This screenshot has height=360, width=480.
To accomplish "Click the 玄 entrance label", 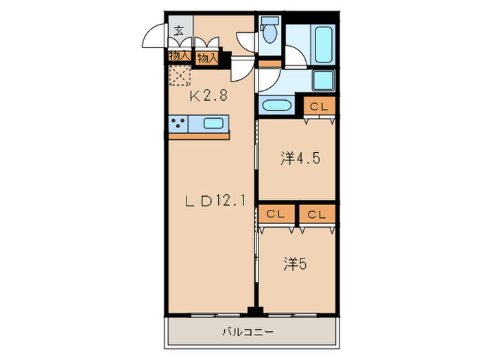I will pos(178,30).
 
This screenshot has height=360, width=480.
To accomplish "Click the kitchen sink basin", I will pos(213,124).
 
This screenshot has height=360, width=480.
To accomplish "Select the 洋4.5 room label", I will pos(300,158).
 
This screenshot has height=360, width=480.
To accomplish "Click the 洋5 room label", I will pos(296,263).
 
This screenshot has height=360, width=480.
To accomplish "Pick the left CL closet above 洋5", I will pos(276,214).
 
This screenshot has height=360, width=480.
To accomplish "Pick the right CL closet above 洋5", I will pos(316,214).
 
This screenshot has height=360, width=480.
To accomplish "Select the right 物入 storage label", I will pos(206,59).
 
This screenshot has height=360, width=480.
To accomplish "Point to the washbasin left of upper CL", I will pos(277,106).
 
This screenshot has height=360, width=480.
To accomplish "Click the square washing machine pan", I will pos(322,80).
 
